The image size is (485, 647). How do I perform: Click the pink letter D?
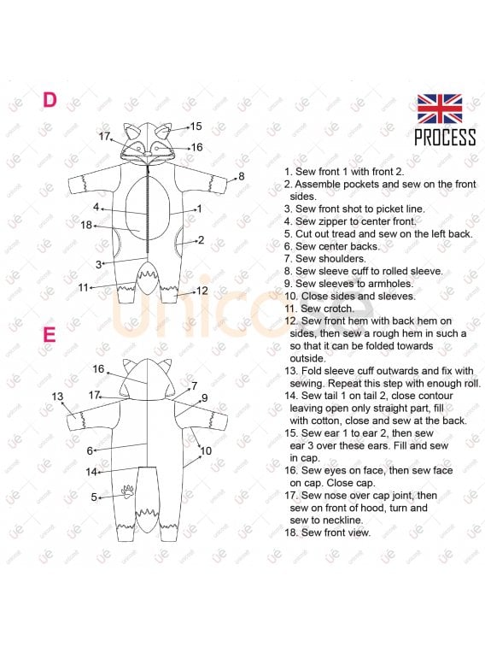[50, 100]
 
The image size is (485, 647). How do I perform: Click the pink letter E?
[49, 335]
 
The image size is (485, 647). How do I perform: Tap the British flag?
[439, 109]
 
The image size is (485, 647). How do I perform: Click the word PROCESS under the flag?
[445, 138]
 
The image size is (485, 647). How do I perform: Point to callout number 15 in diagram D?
[196, 126]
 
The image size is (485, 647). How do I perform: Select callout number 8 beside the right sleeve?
[242, 176]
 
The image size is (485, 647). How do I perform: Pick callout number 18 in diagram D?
[86, 225]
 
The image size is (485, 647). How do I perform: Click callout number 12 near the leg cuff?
[202, 291]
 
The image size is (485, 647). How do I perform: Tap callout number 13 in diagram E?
[58, 397]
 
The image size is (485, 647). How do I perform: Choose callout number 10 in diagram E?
[206, 451]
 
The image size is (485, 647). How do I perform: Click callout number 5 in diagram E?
[94, 497]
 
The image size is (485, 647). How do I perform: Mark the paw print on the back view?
[128, 491]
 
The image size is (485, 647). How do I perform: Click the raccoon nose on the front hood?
[147, 154]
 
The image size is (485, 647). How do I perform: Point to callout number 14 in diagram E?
[91, 472]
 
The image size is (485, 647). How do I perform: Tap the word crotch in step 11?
[338, 309]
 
